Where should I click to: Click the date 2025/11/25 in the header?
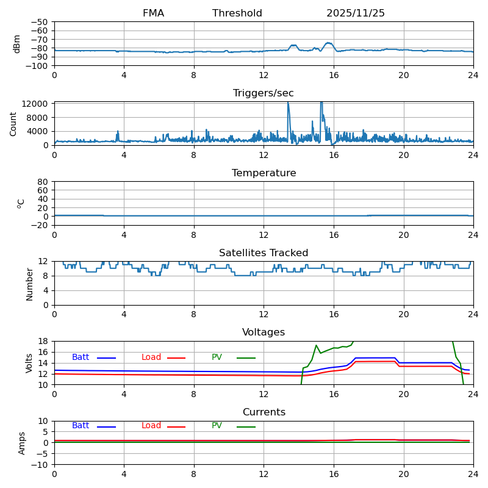[355, 13]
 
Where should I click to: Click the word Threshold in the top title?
[237, 13]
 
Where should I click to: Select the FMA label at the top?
[153, 13]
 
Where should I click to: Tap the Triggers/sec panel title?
[264, 93]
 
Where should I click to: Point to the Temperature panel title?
[264, 173]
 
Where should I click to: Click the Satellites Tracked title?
[264, 253]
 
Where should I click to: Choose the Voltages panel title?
[264, 332]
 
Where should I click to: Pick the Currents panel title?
[264, 412]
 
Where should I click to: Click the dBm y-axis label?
[17, 43]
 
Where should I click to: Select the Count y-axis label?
[13, 123]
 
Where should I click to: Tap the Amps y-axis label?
[22, 443]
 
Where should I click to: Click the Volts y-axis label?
[29, 363]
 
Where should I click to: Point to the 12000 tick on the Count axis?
[35, 104]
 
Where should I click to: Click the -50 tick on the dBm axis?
[40, 22]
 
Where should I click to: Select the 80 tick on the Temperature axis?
[43, 182]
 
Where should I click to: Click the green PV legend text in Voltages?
[217, 357]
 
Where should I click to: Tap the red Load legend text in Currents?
[151, 426]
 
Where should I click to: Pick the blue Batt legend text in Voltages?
[81, 357]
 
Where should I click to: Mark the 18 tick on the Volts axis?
[43, 341]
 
